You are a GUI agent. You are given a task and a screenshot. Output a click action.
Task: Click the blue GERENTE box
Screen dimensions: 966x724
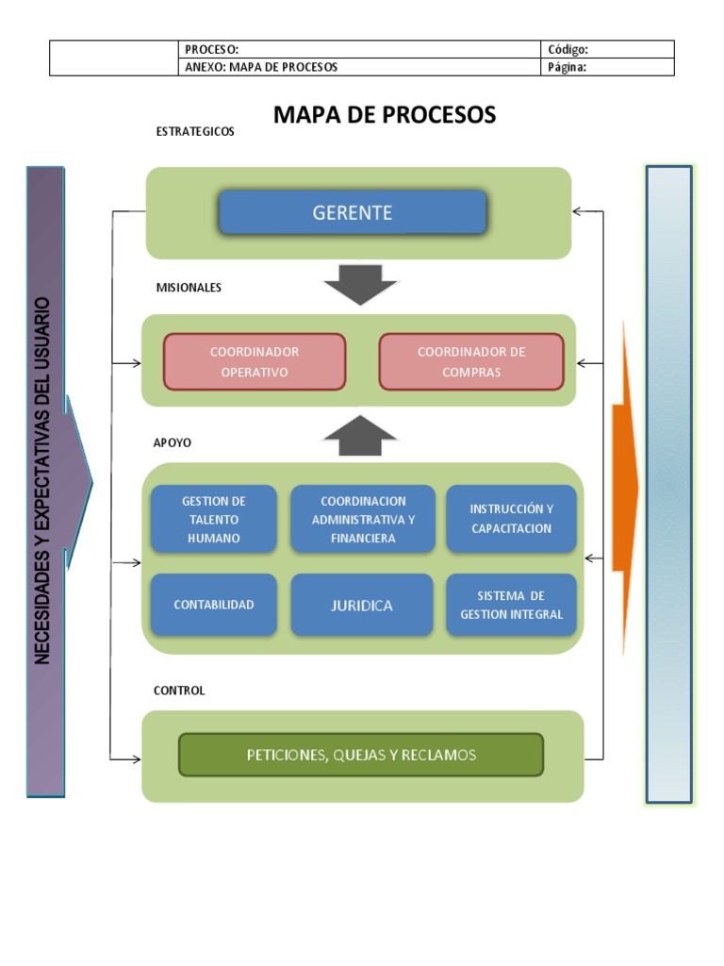pyautogui.click(x=353, y=212)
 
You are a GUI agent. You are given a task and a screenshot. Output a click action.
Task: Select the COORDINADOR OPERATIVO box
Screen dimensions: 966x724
pyautogui.click(x=255, y=361)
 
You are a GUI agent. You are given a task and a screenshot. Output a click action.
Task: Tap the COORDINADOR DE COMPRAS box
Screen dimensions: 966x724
pyautogui.click(x=471, y=361)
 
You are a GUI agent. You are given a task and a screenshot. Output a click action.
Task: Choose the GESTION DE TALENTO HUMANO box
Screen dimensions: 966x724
pyautogui.click(x=214, y=519)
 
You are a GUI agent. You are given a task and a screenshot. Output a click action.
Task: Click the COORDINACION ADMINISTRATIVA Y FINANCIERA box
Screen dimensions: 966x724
pyautogui.click(x=363, y=519)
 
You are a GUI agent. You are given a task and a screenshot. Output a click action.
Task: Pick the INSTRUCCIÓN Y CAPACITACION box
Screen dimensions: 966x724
pyautogui.click(x=511, y=518)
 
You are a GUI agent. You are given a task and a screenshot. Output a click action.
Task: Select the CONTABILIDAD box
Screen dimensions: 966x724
pyautogui.click(x=214, y=605)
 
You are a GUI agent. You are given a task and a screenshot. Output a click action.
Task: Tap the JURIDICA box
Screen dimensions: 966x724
pyautogui.click(x=362, y=605)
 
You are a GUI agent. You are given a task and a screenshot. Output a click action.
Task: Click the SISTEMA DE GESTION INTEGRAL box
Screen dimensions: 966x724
pyautogui.click(x=511, y=605)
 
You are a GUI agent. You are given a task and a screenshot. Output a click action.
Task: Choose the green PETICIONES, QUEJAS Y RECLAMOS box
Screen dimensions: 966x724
pyautogui.click(x=361, y=755)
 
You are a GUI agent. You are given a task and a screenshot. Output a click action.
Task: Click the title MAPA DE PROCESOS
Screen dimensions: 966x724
pyautogui.click(x=385, y=115)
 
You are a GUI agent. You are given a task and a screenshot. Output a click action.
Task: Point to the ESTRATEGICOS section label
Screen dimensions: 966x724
pyautogui.click(x=195, y=132)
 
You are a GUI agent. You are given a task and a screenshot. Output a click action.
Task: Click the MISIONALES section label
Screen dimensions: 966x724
pyautogui.click(x=189, y=288)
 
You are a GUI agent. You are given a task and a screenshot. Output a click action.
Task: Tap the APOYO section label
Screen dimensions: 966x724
pyautogui.click(x=173, y=441)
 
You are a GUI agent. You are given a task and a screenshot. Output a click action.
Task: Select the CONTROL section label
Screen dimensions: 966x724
pyautogui.click(x=179, y=691)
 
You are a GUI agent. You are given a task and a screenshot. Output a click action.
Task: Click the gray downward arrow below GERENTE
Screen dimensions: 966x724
pyautogui.click(x=360, y=284)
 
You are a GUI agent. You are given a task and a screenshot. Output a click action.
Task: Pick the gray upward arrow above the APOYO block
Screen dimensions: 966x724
pyautogui.click(x=360, y=435)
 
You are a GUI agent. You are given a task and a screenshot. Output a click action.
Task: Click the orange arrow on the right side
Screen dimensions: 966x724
pyautogui.click(x=625, y=487)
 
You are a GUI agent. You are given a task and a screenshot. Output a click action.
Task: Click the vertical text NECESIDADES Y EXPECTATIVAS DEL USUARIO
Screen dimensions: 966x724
pyautogui.click(x=43, y=481)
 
